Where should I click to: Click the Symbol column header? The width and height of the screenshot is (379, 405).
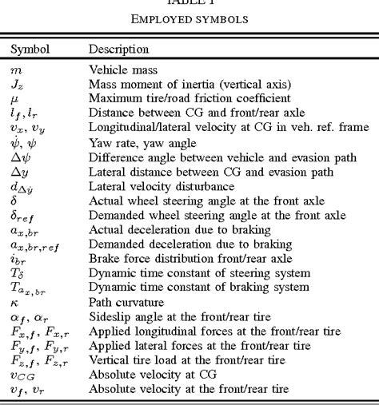coord(30,50)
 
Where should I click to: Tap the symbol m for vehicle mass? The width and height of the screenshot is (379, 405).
coord(16,69)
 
